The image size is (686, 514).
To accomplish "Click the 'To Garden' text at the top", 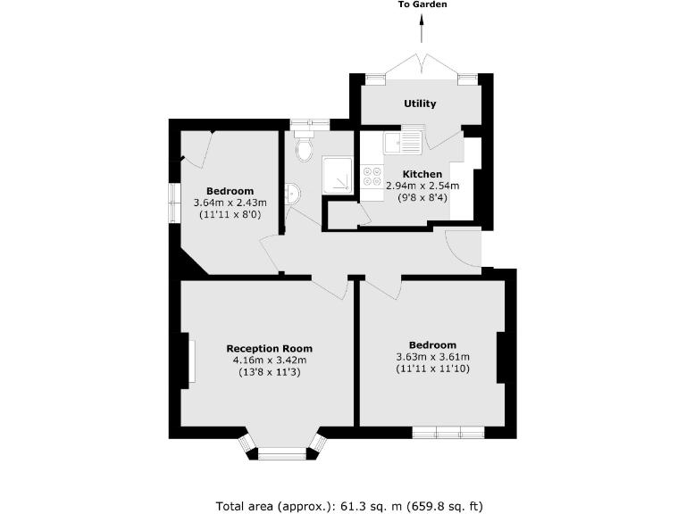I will (x=422, y=4).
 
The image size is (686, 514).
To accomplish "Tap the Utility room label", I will (x=420, y=104).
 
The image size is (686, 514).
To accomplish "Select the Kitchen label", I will (x=422, y=174).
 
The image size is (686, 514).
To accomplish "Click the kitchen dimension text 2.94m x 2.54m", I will (x=422, y=186).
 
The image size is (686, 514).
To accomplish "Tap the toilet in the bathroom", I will (x=302, y=148).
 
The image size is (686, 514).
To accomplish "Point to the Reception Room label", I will (x=269, y=348).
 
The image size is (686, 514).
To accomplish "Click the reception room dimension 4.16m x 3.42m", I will (x=269, y=360).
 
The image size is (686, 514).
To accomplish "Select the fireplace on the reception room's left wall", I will (x=189, y=361).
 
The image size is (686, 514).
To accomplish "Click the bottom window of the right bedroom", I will (x=448, y=433).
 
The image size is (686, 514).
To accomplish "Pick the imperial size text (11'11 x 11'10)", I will (x=432, y=369).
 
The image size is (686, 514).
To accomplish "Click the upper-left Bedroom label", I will (x=230, y=191).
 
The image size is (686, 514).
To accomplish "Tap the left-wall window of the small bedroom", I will (x=175, y=203).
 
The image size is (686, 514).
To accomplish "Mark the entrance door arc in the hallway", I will (x=462, y=247).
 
